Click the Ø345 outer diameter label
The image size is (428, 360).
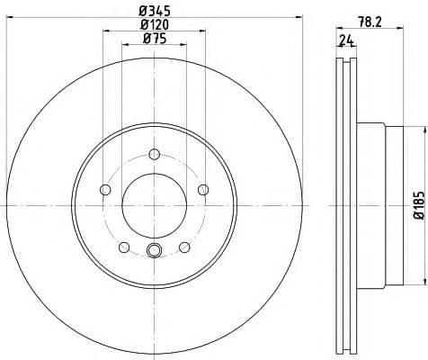[154, 10]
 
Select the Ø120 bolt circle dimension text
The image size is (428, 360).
[154, 24]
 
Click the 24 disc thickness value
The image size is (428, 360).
[345, 40]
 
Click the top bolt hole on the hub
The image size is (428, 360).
[154, 153]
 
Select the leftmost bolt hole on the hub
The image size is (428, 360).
[105, 189]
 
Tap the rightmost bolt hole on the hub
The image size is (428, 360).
[202, 189]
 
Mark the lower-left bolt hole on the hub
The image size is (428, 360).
[124, 246]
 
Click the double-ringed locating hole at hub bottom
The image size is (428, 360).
[154, 251]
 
